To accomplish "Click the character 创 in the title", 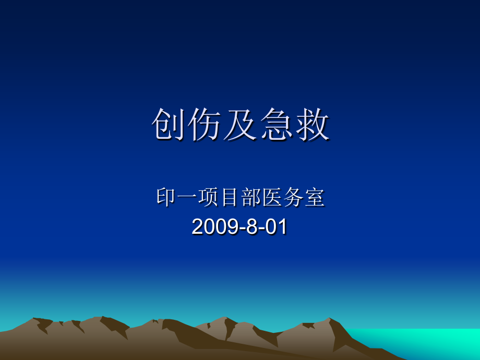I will click(169, 126).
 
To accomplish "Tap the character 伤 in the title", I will click(205, 126).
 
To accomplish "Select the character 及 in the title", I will click(241, 126).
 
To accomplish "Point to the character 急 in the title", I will click(277, 126).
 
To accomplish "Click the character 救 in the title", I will click(313, 126).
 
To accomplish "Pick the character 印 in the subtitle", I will click(166, 198).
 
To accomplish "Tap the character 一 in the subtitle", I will click(187, 198).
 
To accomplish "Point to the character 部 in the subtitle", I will click(251, 198).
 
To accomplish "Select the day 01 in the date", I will click(277, 227).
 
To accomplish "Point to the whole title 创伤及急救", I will click(241, 126).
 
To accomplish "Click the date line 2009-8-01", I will click(240, 227).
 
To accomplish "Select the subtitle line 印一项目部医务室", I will click(241, 198).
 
